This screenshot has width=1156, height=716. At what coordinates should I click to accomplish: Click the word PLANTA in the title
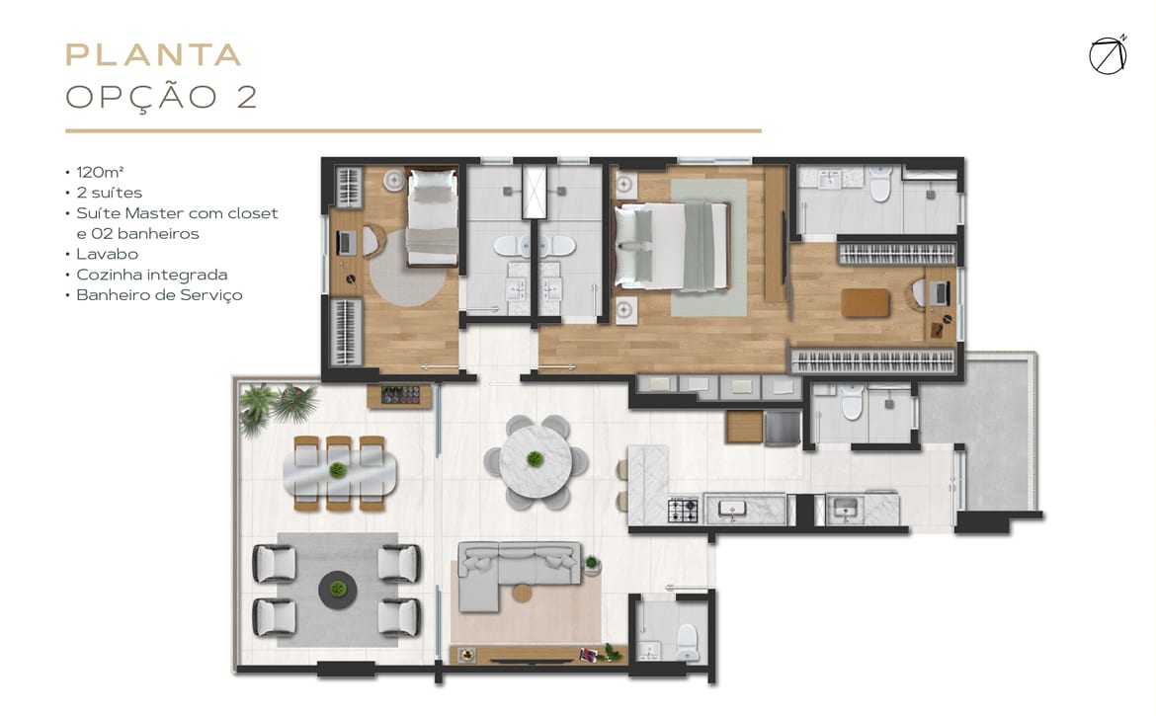[153, 54]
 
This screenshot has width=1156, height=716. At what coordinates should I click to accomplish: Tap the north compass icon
[1108, 55]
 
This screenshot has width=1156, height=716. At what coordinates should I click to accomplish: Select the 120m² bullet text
[100, 173]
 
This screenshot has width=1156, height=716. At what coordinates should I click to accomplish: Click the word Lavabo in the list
[107, 254]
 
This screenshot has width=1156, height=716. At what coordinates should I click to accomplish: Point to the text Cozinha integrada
[152, 275]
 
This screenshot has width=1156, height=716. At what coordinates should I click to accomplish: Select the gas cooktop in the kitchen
[683, 511]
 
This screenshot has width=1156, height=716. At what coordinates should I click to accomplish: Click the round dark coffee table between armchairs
[338, 590]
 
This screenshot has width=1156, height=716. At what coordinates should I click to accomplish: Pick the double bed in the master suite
[673, 245]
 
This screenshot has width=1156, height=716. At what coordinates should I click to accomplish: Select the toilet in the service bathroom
[852, 402]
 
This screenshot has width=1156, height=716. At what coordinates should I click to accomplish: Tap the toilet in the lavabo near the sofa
[687, 642]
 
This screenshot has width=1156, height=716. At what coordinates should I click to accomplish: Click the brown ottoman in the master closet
[865, 303]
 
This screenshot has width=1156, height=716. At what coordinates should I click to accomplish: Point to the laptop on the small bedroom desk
[346, 242]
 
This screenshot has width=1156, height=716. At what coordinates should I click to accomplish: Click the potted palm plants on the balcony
[278, 406]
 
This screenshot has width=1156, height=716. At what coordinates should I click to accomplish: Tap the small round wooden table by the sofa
[522, 593]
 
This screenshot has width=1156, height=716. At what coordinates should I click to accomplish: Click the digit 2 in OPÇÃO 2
[247, 97]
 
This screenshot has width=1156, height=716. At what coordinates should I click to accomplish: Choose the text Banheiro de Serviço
[159, 295]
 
